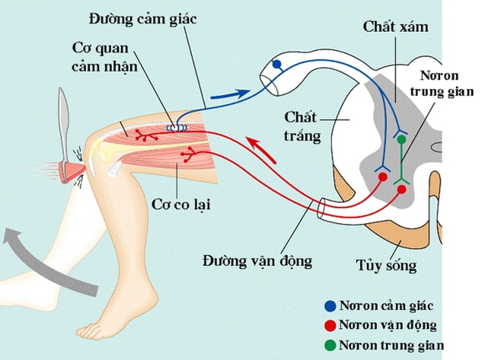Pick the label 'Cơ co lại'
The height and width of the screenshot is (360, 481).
point(180,203)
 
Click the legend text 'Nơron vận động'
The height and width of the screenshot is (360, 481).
point(388,325)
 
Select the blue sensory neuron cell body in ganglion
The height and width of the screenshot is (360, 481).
point(277,64)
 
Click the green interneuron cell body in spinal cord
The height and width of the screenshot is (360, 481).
point(402,140)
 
